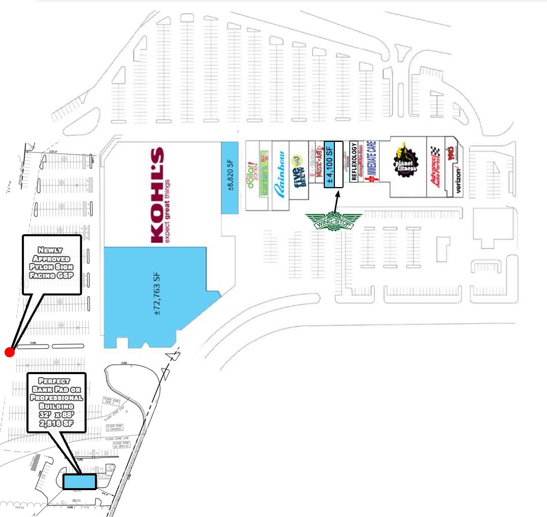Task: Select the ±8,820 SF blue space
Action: coord(230,177)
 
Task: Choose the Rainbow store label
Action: coord(279,175)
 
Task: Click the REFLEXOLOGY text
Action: coord(354,162)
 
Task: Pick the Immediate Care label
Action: coord(370,162)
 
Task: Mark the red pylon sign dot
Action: coord(9,352)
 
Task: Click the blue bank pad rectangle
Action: coord(80,481)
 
